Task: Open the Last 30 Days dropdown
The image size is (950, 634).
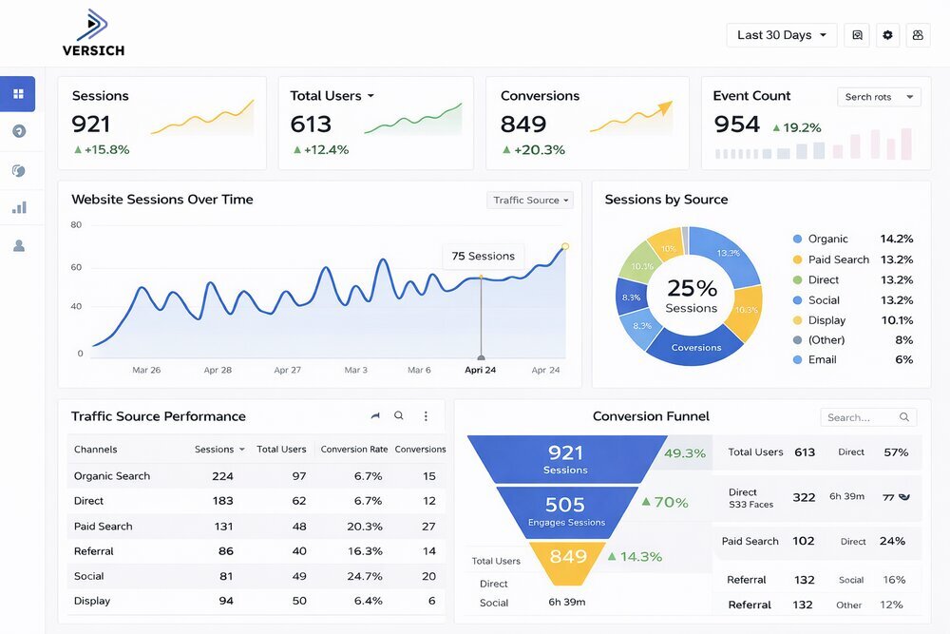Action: (781, 35)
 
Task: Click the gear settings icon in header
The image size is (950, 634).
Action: (887, 35)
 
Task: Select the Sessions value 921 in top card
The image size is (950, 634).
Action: (91, 125)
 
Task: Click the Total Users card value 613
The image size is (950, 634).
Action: (311, 125)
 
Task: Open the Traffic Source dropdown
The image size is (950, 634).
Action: (531, 200)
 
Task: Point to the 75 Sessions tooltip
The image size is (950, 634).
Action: (483, 256)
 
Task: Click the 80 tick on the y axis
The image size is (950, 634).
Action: (76, 225)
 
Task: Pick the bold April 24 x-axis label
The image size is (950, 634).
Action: (481, 370)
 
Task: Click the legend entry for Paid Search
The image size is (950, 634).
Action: (838, 259)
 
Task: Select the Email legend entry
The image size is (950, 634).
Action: (822, 359)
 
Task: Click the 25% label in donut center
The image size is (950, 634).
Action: (692, 287)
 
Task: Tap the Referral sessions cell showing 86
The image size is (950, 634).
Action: (226, 550)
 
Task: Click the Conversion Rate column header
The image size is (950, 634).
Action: (353, 449)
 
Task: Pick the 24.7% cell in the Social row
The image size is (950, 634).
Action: (368, 576)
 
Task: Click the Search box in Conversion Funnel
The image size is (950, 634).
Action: (867, 417)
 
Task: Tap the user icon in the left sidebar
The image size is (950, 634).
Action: (18, 245)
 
